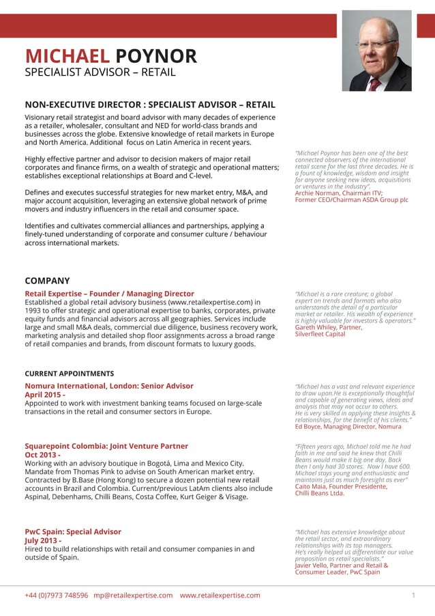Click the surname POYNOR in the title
pos(156,56)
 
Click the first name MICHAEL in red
pos(67,56)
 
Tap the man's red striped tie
pos(374,83)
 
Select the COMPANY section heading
pos(47,281)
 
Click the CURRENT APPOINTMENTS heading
pos(70,374)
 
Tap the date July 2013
pos(43,540)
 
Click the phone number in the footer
pos(57,596)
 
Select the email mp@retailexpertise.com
pos(133,596)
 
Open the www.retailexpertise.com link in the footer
pos(220,596)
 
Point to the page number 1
pos(413,596)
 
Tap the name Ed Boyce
pos(307,427)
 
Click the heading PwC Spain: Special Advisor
pos(73,531)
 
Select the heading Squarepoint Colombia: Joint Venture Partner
pos(106,446)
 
